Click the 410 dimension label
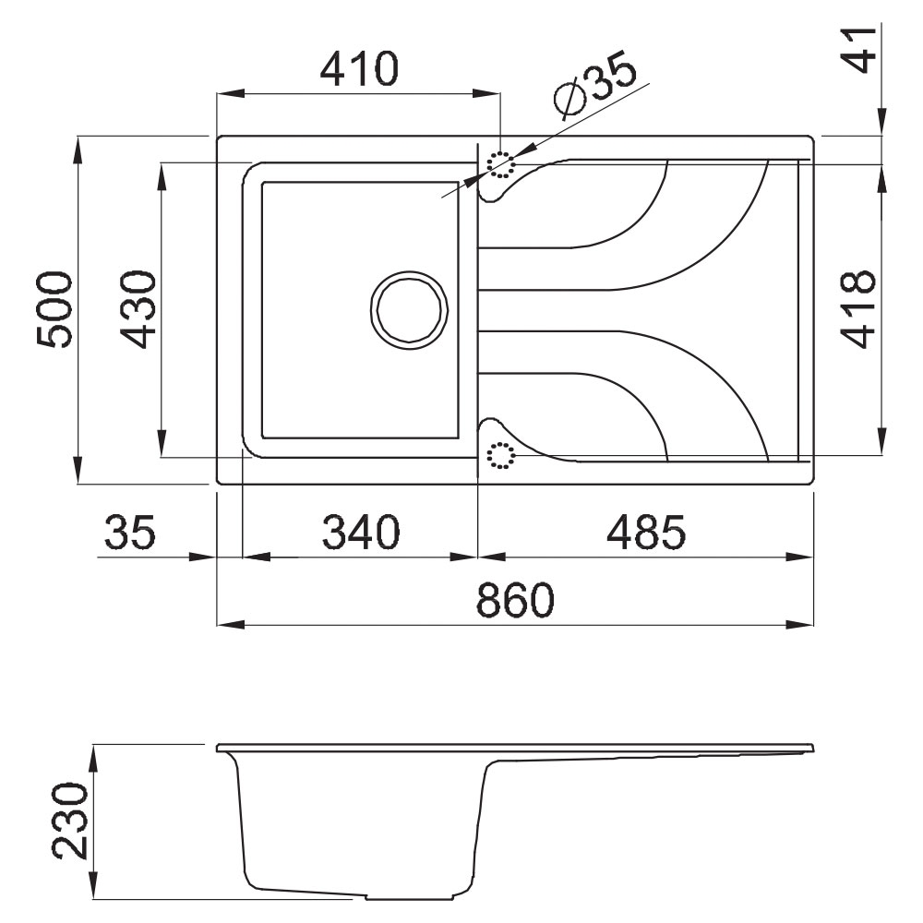point(359,68)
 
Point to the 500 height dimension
point(54,308)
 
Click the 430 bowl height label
point(138,308)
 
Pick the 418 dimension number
point(858,308)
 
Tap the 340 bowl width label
point(361,532)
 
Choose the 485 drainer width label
point(646,532)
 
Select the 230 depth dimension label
point(71,820)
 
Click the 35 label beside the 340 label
point(130,532)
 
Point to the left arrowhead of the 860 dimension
point(230,625)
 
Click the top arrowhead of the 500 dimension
point(78,150)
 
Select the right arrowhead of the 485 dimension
point(800,557)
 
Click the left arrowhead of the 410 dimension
point(230,93)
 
